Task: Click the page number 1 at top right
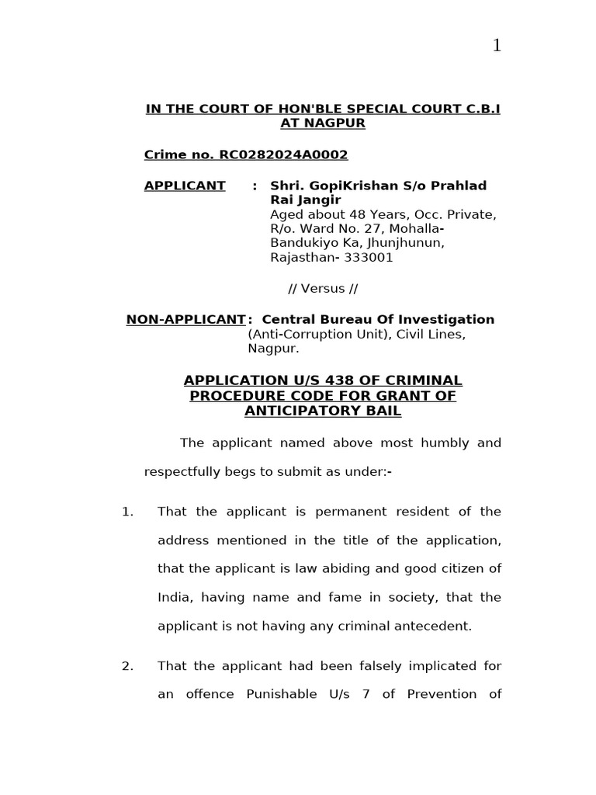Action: click(x=497, y=46)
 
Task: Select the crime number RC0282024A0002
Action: click(x=283, y=154)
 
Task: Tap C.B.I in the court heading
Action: click(x=480, y=109)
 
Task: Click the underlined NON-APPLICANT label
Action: click(x=185, y=319)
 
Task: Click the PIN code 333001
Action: click(x=369, y=258)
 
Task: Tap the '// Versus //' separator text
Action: click(x=323, y=289)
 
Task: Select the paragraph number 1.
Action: click(x=127, y=512)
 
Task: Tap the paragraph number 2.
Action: click(x=127, y=665)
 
